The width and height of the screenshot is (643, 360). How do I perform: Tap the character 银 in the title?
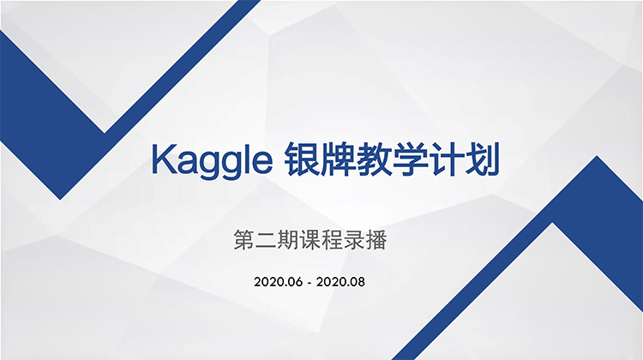[302, 159]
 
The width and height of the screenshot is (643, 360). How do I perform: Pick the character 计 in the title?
[446, 159]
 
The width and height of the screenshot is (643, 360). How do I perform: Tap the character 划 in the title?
[482, 159]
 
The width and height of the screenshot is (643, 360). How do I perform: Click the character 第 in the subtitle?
[244, 240]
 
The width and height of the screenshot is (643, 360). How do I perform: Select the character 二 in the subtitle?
[266, 240]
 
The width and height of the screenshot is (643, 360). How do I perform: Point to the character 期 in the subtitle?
[288, 240]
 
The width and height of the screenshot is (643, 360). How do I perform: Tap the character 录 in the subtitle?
[354, 240]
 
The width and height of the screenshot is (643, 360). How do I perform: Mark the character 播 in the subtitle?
[376, 240]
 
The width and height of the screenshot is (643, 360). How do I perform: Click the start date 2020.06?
[278, 282]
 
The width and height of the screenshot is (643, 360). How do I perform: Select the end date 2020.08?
[340, 282]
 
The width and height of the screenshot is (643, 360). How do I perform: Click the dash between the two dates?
[309, 283]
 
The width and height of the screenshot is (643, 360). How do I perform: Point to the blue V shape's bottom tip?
[60, 200]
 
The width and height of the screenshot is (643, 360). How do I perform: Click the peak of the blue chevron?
[597, 156]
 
